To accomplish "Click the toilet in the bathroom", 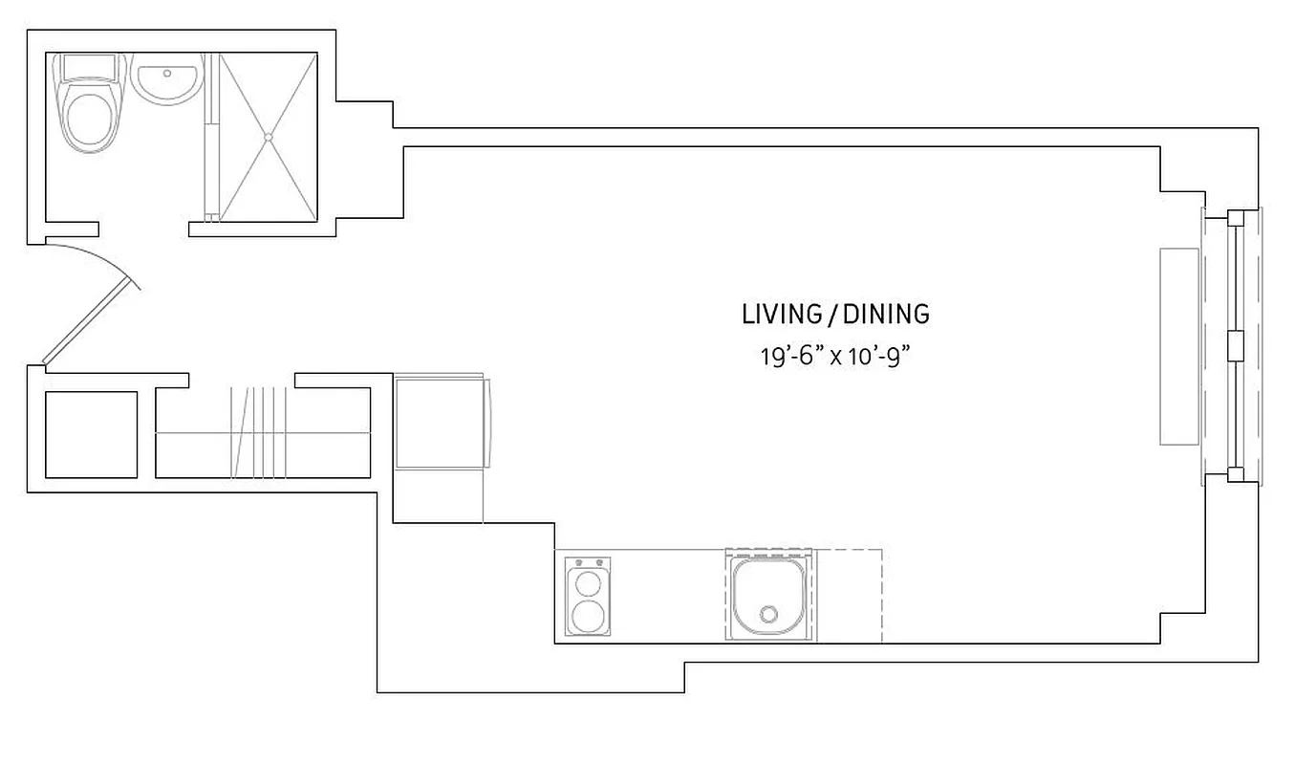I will [x=90, y=120].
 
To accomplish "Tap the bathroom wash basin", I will [x=166, y=80].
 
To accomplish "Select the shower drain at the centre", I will [x=269, y=138].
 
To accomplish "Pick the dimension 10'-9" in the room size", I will [x=876, y=357].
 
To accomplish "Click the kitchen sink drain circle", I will [x=768, y=614].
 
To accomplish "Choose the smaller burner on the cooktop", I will [x=586, y=581].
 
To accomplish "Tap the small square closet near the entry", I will [x=91, y=434].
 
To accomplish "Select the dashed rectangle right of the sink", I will [x=850, y=595].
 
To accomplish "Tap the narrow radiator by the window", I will [x=1179, y=346].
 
